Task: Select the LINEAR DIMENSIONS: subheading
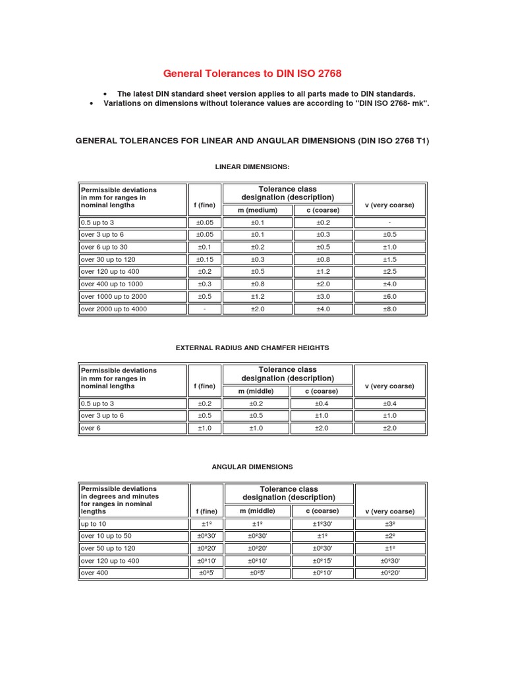252,167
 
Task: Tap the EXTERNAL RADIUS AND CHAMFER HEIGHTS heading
252,347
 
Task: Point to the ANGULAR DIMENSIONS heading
252,467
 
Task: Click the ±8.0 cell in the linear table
389,309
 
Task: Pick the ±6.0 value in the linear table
389,297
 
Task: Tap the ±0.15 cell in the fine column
205,260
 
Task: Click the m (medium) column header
258,210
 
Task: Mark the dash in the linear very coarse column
389,223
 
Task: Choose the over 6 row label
90,428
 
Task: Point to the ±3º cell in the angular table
389,524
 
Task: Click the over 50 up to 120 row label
108,548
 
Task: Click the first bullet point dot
105,95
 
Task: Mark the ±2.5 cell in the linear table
389,272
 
